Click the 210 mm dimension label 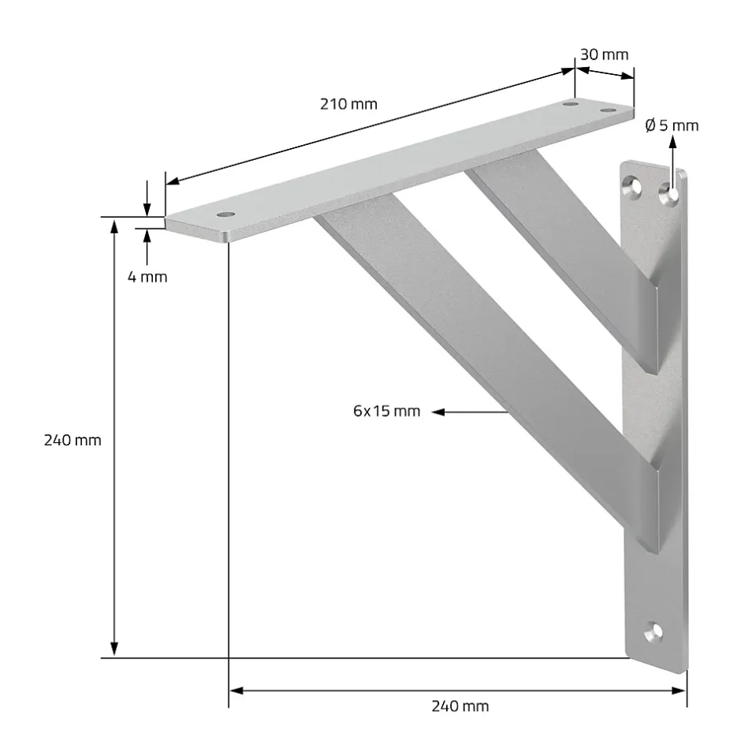(348, 104)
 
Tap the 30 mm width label (604, 54)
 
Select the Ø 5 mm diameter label (671, 125)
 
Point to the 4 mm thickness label (148, 277)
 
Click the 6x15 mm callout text (386, 411)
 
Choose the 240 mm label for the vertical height (73, 440)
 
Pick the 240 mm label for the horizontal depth (460, 706)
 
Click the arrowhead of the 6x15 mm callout (438, 411)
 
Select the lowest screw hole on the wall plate (653, 630)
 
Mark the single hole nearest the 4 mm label (227, 214)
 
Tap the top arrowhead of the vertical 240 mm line (114, 226)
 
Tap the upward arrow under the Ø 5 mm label (672, 142)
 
